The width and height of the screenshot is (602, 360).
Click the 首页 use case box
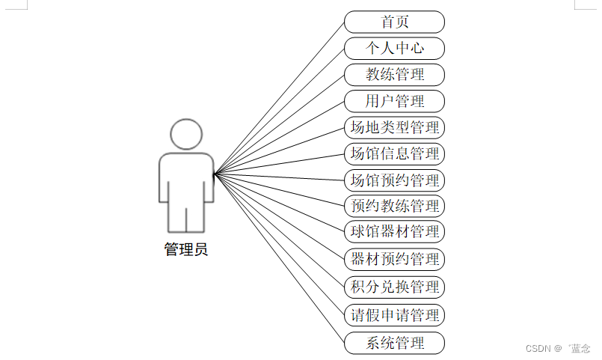(x=394, y=22)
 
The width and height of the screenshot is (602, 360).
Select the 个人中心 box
(x=394, y=48)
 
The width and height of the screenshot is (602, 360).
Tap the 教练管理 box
(x=394, y=74)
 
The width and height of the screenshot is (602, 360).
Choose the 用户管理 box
(x=394, y=101)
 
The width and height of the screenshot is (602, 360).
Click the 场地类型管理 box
(x=394, y=127)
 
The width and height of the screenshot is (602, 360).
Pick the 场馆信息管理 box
(x=394, y=153)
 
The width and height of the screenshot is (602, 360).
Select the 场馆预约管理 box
(x=394, y=180)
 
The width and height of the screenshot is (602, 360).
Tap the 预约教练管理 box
(x=394, y=205)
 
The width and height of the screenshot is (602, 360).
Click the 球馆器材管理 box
(x=394, y=231)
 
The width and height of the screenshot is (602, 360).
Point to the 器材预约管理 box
(x=394, y=259)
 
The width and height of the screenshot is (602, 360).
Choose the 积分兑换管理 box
(x=394, y=287)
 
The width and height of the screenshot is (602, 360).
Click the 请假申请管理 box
(x=394, y=314)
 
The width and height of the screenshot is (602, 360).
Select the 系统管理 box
(x=394, y=344)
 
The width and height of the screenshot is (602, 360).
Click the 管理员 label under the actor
(x=186, y=249)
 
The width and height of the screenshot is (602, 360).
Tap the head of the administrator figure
(x=186, y=135)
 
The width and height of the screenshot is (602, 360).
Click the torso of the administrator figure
(x=186, y=176)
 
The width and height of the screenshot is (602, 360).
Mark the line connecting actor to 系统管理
(x=279, y=258)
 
